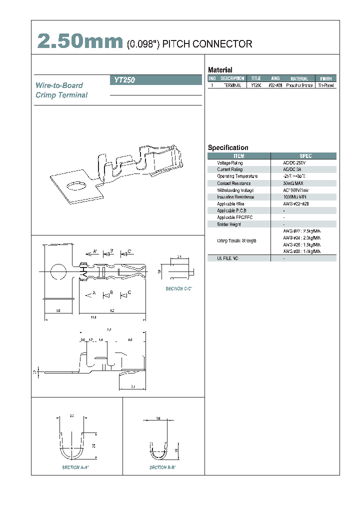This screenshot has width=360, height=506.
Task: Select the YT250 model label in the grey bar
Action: pos(125,79)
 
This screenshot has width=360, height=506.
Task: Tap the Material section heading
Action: pos(220,70)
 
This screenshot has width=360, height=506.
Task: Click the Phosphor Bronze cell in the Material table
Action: pos(299,85)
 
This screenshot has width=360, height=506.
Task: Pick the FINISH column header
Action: pos(325,78)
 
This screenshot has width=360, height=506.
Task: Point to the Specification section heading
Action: pos(228,147)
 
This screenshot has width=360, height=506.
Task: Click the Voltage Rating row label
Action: pos(230,163)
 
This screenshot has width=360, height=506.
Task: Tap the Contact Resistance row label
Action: pos(234,183)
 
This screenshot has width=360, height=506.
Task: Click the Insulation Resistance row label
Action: pos(235,197)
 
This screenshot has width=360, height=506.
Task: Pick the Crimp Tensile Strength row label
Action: pos(237,241)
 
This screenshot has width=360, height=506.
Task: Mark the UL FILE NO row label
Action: pos(227,258)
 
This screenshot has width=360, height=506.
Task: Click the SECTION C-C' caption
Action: pos(179,289)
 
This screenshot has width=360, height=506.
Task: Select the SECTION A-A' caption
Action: pos(75,467)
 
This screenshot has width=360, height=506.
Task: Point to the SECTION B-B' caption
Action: pos(162,467)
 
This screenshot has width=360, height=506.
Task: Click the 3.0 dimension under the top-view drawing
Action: pos(58,311)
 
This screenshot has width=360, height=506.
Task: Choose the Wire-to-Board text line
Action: pos(59,85)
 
